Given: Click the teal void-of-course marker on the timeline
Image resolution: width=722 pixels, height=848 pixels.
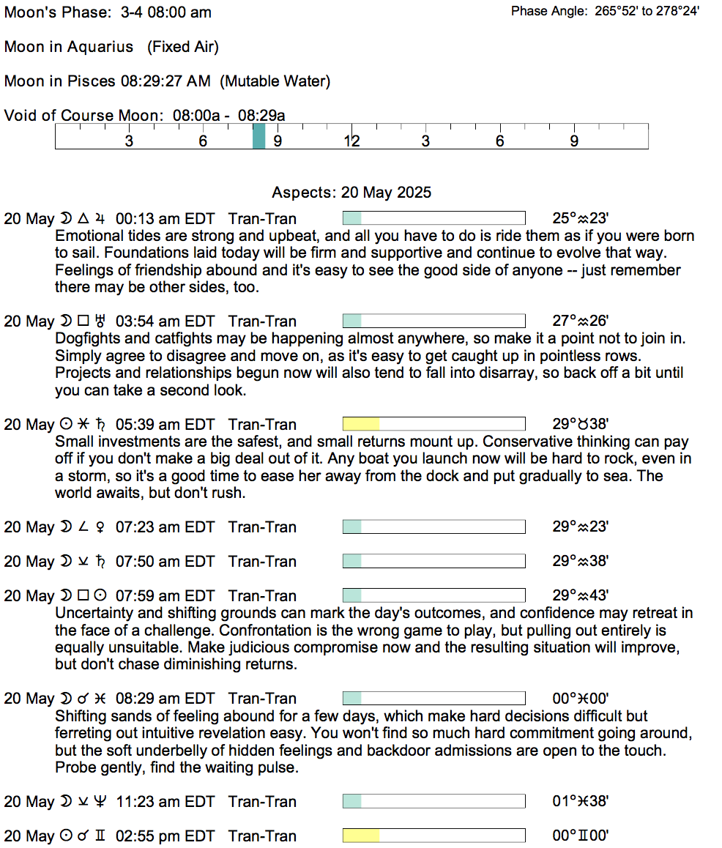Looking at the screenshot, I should (x=258, y=137).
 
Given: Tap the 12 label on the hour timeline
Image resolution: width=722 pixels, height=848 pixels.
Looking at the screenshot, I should (x=352, y=141).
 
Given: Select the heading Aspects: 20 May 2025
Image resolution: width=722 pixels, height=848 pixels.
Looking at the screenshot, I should (x=351, y=193).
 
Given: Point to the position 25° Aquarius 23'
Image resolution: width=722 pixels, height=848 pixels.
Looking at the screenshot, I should (x=581, y=218).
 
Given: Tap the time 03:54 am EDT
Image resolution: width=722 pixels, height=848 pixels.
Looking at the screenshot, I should (x=165, y=321).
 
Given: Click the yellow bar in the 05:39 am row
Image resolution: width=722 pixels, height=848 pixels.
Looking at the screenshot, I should (x=361, y=424).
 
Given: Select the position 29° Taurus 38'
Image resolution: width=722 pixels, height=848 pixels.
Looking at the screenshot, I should (x=581, y=424).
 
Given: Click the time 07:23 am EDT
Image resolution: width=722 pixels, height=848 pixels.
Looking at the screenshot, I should (x=165, y=527).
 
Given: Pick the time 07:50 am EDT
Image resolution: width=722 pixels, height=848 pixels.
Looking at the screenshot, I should (x=165, y=561).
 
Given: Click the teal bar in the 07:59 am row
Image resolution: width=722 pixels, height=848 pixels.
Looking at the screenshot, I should (x=352, y=595).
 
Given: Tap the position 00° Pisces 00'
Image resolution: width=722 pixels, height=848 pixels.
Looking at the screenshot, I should (x=581, y=698).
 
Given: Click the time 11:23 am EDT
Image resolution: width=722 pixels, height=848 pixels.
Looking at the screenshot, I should (x=165, y=801).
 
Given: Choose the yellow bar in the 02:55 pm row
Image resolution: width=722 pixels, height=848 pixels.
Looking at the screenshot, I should (x=361, y=836).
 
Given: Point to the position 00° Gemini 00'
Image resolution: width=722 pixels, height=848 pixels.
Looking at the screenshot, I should (x=581, y=836).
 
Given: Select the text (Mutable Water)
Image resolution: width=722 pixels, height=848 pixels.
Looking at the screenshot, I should (x=275, y=81).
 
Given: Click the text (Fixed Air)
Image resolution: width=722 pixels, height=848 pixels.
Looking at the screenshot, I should (x=183, y=47).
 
